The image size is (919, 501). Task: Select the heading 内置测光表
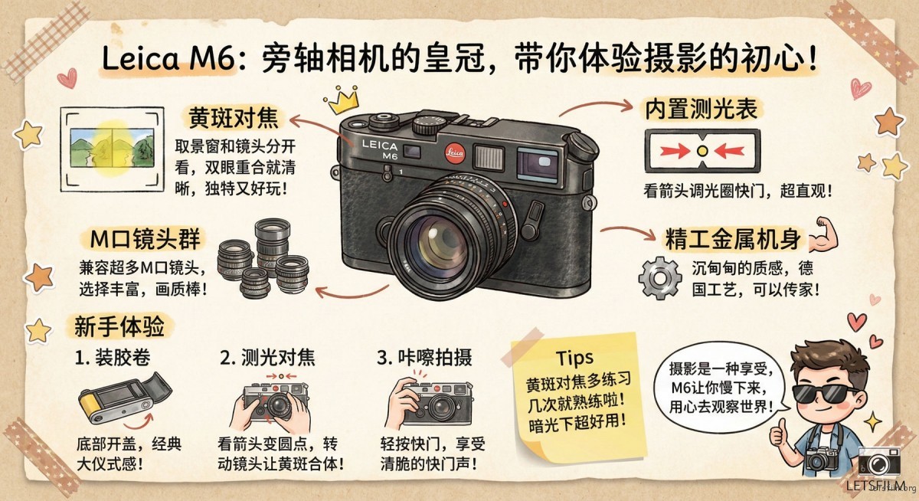(699, 110)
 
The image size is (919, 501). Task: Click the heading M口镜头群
(145, 240)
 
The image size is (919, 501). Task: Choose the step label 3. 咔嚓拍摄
(424, 358)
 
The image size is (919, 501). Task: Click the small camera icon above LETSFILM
(878, 462)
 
